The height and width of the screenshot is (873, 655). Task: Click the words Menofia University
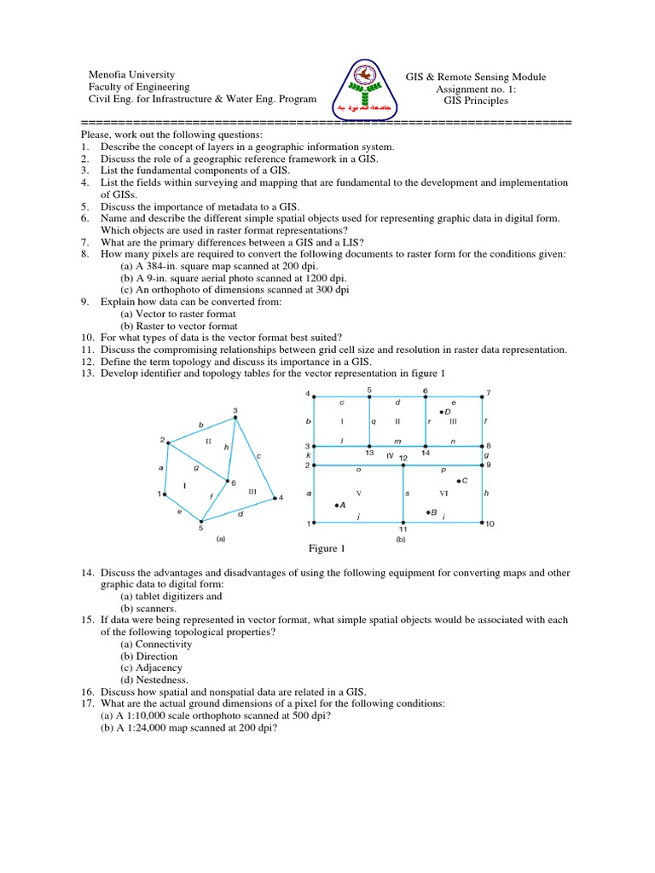tap(132, 75)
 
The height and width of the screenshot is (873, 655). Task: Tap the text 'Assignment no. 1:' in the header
tap(476, 89)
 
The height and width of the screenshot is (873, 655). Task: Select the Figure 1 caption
tap(322, 548)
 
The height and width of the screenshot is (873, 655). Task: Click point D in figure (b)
tap(444, 413)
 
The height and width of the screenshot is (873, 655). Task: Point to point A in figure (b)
tap(339, 505)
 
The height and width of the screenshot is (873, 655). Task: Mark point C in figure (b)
tap(461, 482)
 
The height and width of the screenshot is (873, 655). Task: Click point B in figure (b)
tap(429, 512)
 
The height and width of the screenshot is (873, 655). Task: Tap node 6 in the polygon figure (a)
tap(227, 481)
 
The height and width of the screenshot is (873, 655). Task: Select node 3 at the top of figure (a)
tap(235, 417)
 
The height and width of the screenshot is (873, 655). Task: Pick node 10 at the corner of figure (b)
tap(484, 522)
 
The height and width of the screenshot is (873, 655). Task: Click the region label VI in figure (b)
tap(443, 494)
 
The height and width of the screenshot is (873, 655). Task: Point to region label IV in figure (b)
tap(389, 457)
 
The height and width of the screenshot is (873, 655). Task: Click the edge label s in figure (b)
tap(407, 493)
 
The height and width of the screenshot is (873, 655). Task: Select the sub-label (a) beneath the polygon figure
tap(221, 538)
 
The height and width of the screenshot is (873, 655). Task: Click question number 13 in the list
tap(87, 373)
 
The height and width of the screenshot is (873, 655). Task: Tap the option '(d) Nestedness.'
tap(154, 680)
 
